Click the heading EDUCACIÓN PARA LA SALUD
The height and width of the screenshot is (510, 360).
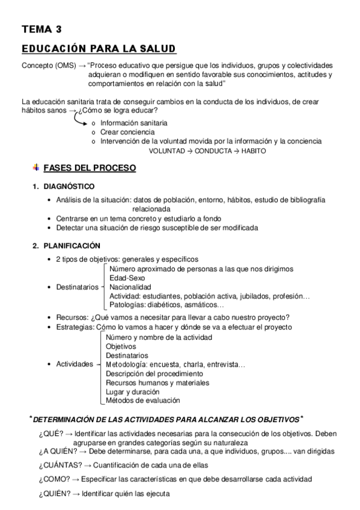(x=99, y=48)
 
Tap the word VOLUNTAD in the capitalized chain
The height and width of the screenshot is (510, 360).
(x=167, y=151)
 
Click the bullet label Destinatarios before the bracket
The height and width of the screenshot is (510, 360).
(x=77, y=287)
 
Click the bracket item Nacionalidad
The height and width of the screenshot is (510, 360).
(x=130, y=287)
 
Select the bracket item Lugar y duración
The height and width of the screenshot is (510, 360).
(x=133, y=392)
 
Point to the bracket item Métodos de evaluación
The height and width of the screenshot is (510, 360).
(x=142, y=401)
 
